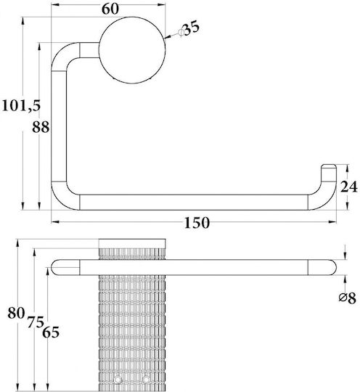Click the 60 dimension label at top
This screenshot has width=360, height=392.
pyautogui.click(x=110, y=9)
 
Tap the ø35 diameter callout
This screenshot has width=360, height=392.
pyautogui.click(x=189, y=28)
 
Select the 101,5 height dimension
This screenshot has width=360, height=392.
pyautogui.click(x=21, y=105)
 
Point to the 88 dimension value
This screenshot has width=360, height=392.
pyautogui.click(x=41, y=127)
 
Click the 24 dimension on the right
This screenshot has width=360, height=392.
pyautogui.click(x=349, y=187)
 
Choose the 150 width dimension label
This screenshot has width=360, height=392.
pyautogui.click(x=197, y=223)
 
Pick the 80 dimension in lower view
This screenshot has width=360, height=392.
pyautogui.click(x=16, y=313)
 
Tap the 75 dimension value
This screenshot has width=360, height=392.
pyautogui.click(x=36, y=322)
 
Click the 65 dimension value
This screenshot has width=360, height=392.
pyautogui.click(x=51, y=332)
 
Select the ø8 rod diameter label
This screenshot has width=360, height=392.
pyautogui.click(x=347, y=298)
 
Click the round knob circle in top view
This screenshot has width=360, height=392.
pyautogui.click(x=132, y=50)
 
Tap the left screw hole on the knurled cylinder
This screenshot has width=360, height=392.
pyautogui.click(x=117, y=386)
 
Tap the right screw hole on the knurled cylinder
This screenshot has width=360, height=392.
pyautogui.click(x=146, y=386)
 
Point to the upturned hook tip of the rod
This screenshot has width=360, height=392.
pyautogui.click(x=329, y=173)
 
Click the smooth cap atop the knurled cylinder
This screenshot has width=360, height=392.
pyautogui.click(x=132, y=243)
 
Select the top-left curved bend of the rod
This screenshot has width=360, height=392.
pyautogui.click(x=62, y=54)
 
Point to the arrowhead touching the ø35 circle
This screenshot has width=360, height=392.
pyautogui.click(x=168, y=38)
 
